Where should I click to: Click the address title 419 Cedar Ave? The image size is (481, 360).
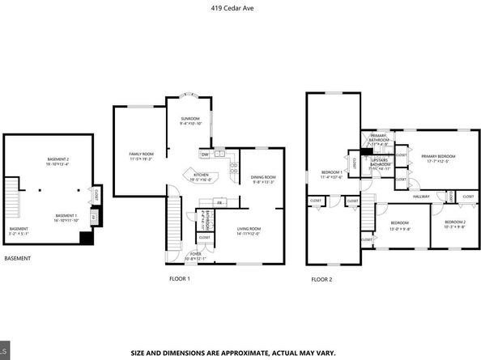(240, 11)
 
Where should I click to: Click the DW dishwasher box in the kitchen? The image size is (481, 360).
(205, 154)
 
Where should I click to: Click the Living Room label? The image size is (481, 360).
(248, 231)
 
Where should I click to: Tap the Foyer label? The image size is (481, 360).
(196, 254)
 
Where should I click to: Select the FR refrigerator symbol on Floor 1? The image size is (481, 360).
(219, 201)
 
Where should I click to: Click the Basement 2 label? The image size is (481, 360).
(58, 161)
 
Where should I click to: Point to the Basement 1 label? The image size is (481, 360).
(66, 217)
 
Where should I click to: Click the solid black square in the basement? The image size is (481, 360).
(87, 238)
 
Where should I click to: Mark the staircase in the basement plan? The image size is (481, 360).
(11, 197)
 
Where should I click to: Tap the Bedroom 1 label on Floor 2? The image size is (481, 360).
(333, 174)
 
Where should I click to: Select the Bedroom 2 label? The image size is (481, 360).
(454, 224)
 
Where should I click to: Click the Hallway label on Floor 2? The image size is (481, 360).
(421, 197)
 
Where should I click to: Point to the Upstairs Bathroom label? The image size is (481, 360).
(381, 164)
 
